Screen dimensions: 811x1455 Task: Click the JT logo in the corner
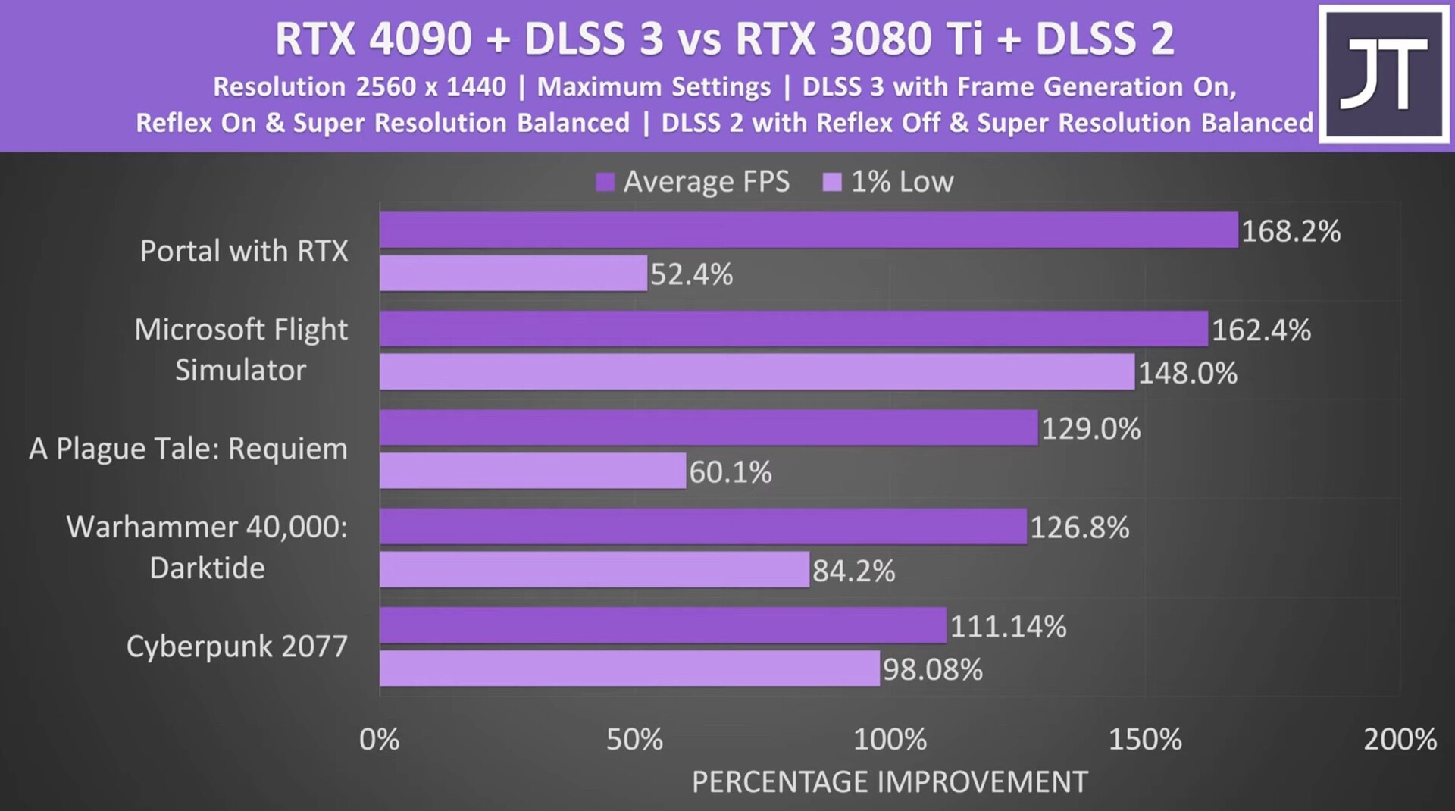1383,74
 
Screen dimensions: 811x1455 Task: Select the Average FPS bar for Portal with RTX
809,230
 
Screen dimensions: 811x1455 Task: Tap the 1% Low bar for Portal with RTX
513,273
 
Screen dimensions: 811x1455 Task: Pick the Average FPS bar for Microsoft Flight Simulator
793,329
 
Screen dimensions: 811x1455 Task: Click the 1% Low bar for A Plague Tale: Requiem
533,471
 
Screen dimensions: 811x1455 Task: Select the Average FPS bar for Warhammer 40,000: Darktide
703,527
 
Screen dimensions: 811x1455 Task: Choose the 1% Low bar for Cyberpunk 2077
630,669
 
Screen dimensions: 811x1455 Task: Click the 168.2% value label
1291,231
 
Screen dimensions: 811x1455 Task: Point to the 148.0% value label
1187,373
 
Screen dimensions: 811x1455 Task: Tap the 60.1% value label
730,472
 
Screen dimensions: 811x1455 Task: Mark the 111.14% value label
1008,627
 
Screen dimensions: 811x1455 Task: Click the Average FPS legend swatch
605,182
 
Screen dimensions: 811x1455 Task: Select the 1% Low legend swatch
832,182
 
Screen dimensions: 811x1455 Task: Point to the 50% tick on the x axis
634,739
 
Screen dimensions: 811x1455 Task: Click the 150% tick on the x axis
1145,739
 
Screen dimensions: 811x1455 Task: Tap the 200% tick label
1400,739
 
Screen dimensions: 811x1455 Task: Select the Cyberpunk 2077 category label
236,647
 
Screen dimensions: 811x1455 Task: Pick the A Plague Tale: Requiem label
188,449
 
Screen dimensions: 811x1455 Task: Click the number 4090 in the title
420,39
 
